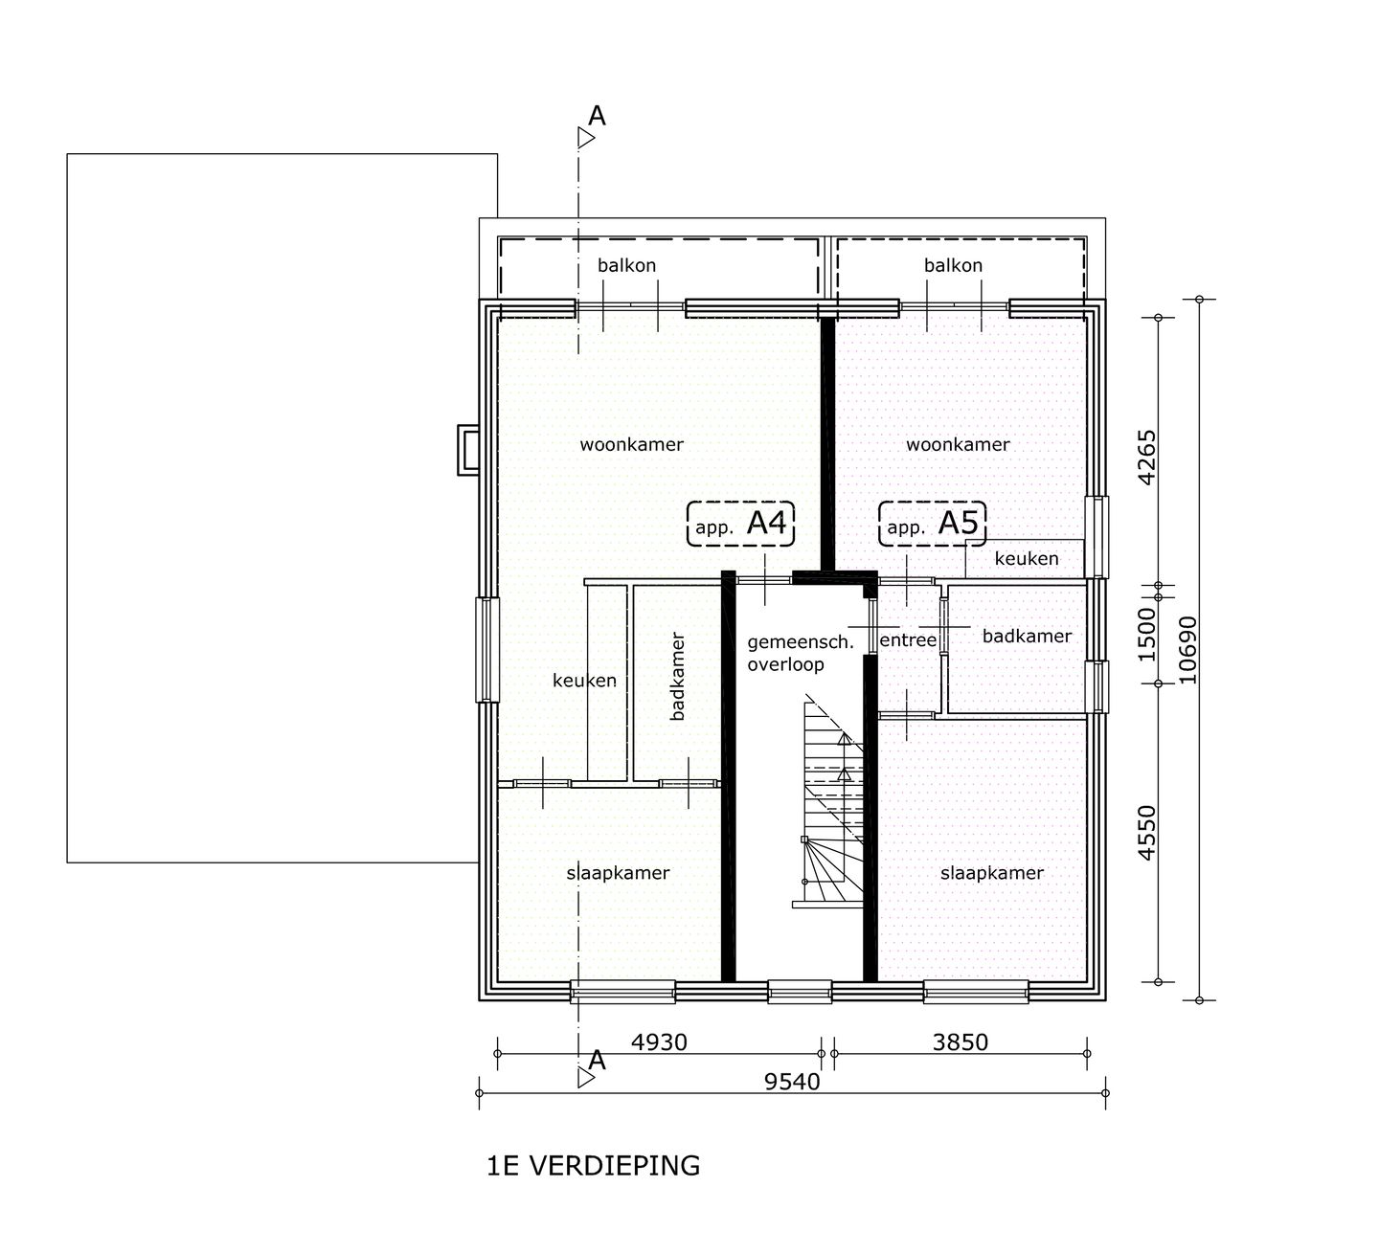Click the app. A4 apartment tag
click(x=740, y=525)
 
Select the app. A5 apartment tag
click(x=932, y=525)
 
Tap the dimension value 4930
click(x=659, y=1042)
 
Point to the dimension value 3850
click(x=960, y=1042)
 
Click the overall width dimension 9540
click(x=792, y=1083)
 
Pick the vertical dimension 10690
click(x=1187, y=650)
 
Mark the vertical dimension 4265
click(x=1147, y=458)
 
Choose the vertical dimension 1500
click(x=1147, y=635)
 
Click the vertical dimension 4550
click(x=1147, y=833)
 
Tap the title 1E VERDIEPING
click(x=594, y=1166)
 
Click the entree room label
click(x=908, y=640)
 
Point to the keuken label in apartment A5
click(x=1027, y=559)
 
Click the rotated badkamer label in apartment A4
click(x=677, y=676)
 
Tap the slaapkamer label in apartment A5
click(x=992, y=873)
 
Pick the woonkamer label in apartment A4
click(x=632, y=444)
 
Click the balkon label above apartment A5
click(x=953, y=265)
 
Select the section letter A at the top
click(x=597, y=116)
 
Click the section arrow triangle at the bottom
click(x=586, y=1078)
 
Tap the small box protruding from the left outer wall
click(x=469, y=450)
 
